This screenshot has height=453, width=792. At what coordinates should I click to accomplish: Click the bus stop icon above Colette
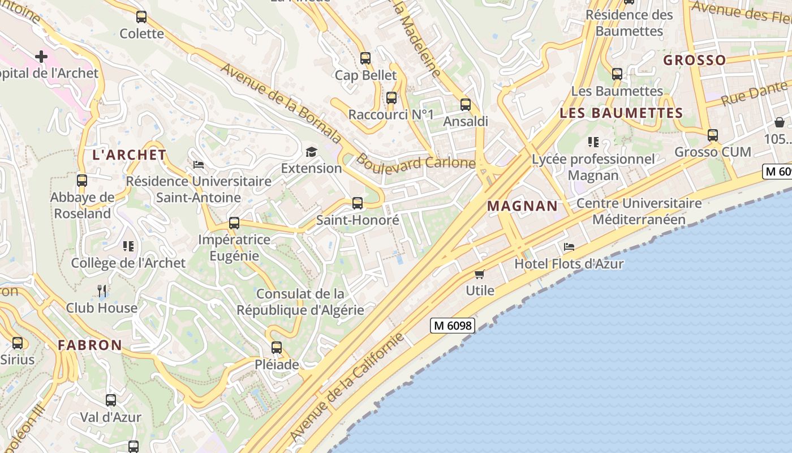point(141,17)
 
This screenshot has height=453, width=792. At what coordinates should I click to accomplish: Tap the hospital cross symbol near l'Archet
point(41,56)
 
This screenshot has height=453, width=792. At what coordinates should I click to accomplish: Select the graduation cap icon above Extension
point(311,152)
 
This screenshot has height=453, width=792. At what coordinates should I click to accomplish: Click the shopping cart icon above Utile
point(480,275)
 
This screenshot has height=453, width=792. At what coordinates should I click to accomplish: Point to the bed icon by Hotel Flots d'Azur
point(569,247)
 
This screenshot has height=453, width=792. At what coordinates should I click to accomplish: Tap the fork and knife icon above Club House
point(102,291)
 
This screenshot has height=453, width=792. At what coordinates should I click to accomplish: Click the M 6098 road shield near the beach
point(452,325)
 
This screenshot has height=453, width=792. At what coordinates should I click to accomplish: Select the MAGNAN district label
point(522,206)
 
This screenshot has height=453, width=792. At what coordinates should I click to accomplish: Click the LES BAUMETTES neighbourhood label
point(621,113)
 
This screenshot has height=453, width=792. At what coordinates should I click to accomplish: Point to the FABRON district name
point(90,345)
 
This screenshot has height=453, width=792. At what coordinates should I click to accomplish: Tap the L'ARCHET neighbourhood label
point(130,155)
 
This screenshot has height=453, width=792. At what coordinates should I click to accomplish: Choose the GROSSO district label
point(694,60)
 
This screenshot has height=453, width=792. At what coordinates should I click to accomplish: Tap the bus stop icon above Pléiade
point(276,348)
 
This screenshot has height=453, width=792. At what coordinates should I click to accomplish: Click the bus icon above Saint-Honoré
point(357,203)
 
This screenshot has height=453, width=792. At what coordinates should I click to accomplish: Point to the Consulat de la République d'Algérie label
point(300,302)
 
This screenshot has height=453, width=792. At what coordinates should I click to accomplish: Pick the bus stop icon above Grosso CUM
point(712,135)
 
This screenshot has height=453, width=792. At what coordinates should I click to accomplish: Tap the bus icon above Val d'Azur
point(111,400)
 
